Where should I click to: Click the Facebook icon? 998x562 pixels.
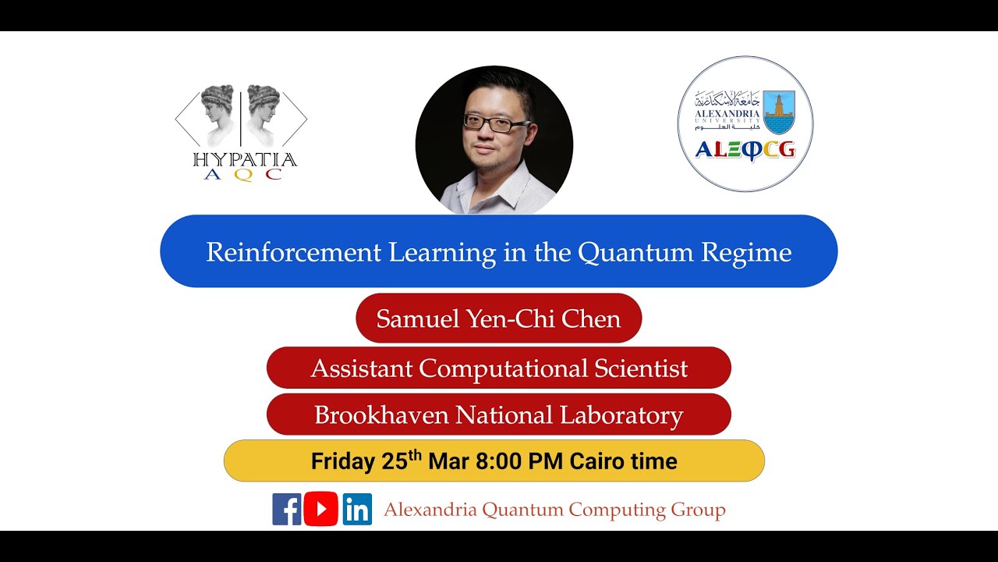[x=286, y=509]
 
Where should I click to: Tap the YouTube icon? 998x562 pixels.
[x=321, y=509]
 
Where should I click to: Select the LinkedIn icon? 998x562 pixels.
[x=357, y=509]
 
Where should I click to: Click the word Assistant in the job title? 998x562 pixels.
[x=361, y=368]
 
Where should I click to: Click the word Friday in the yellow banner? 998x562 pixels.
[x=343, y=461]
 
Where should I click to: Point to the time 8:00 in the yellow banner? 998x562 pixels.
[x=499, y=461]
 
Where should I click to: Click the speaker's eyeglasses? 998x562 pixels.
[x=496, y=123]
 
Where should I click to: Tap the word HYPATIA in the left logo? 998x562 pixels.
[x=244, y=160]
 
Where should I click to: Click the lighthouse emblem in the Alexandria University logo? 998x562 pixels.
[x=779, y=112]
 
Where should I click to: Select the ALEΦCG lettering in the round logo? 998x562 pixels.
[x=745, y=150]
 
